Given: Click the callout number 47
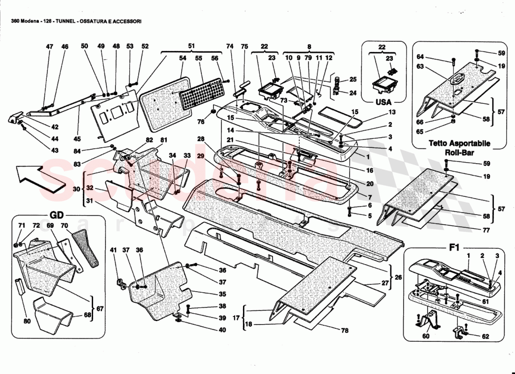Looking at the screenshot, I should tap(49, 46).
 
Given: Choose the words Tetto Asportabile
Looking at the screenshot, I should tap(453, 144).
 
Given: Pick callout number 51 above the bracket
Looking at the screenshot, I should tap(191, 46).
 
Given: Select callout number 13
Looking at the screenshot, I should tap(391, 112).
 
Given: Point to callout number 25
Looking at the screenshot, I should tap(353, 79).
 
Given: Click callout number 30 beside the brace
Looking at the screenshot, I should tap(76, 189).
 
